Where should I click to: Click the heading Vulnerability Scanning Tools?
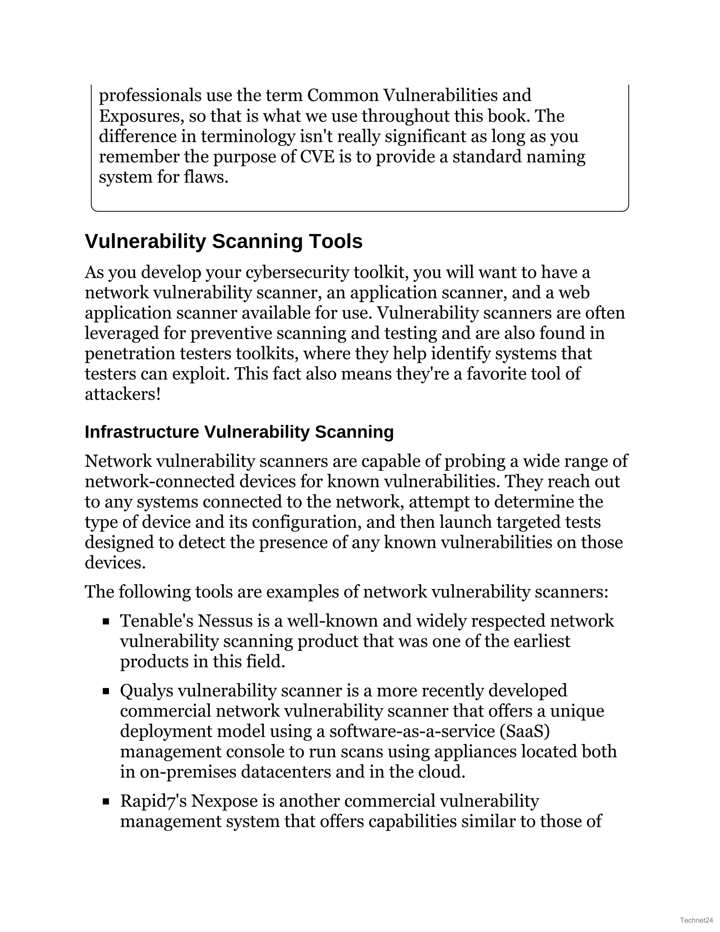[x=224, y=242]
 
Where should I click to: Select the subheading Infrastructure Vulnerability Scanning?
[x=239, y=432]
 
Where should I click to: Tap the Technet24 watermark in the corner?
[x=696, y=920]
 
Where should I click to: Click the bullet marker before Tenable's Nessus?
[x=106, y=622]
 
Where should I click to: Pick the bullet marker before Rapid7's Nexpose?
[x=106, y=802]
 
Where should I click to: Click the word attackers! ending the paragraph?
[x=123, y=394]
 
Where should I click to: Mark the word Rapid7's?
[x=153, y=801]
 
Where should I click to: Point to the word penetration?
[x=130, y=353]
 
